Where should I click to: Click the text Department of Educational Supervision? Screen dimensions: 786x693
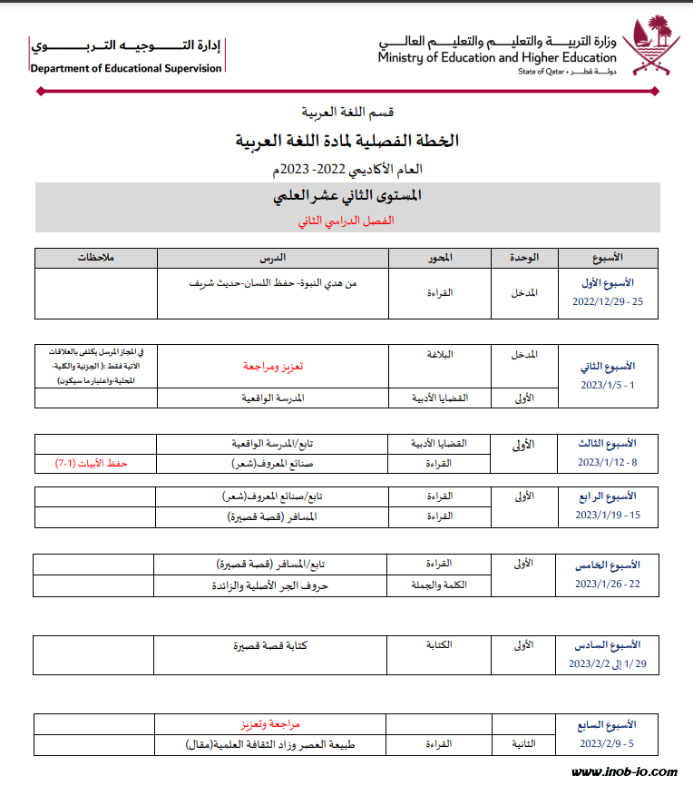pos(125,68)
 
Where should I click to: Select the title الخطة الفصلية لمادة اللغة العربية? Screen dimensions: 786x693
pos(347,140)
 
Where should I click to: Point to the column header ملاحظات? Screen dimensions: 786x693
pos(95,258)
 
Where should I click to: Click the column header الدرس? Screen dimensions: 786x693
pos(273,258)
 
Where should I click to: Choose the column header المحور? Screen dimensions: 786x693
pos(440,258)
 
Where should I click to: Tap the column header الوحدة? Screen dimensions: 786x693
pos(524,258)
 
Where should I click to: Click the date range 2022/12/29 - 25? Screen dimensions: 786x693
pos(607,301)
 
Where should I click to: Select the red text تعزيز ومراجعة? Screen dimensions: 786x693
pos(273,366)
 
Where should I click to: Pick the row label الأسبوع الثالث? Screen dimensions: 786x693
pos(607,443)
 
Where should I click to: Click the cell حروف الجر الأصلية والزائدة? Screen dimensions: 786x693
pos(273,585)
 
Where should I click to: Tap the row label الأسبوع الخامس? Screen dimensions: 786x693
pos(607,565)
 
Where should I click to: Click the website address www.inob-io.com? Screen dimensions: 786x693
pos(624,772)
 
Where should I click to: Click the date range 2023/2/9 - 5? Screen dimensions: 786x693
pos(607,743)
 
